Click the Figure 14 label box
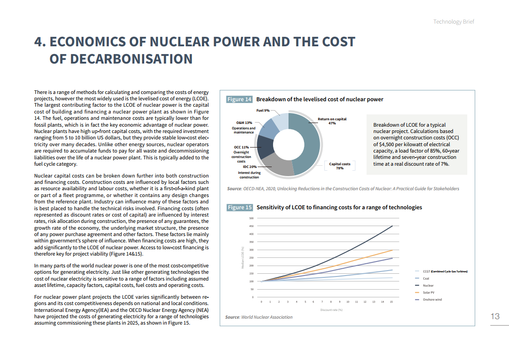tap(239, 99)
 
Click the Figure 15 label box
tap(239, 207)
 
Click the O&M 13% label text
tap(244, 123)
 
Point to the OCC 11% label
tap(241, 147)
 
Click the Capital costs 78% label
tap(339, 166)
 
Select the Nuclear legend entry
tap(428, 286)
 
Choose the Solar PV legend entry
tap(429, 292)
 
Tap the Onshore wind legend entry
tap(431, 300)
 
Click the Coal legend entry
tap(426, 278)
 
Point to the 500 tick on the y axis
tap(251, 218)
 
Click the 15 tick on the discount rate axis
tap(391, 301)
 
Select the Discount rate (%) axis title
tap(331, 310)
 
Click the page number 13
tap(495, 316)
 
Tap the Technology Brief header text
tap(454, 22)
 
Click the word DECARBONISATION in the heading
tap(121, 59)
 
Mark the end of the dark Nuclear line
tap(392, 226)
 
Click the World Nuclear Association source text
tap(267, 317)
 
